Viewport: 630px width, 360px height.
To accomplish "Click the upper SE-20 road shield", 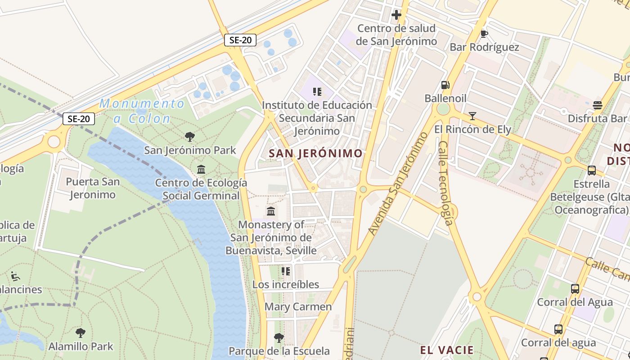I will coord(240,40).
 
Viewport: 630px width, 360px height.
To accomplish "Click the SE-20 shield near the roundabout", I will coord(79,119).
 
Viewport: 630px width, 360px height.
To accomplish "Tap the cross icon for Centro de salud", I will coord(396,15).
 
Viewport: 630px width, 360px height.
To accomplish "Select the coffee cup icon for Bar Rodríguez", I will coord(484,34).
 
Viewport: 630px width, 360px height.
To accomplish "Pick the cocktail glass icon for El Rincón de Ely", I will coord(472,116).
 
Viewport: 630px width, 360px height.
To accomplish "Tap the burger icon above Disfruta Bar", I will coord(598,105).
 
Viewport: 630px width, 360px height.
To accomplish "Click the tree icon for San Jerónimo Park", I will coord(190,136).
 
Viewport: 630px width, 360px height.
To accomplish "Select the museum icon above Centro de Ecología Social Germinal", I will coord(201,170).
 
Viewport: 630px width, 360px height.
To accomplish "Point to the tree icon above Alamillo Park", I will coord(81,333).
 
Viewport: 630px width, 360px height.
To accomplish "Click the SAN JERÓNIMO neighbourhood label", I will coord(315,153).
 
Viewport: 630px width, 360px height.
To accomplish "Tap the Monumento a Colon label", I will coord(142,111).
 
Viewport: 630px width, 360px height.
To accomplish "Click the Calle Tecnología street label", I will coord(445,183).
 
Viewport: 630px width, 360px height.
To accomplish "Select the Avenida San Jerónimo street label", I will coord(397,184).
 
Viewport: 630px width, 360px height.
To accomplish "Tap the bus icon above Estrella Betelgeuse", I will coord(591,171).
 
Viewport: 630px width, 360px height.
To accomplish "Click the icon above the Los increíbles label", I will coord(285,271).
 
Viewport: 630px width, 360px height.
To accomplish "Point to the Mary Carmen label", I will coord(298,307).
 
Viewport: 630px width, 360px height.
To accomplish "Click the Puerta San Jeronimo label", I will coord(93,188).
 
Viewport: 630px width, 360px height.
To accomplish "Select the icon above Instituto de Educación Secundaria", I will coord(317,92).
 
